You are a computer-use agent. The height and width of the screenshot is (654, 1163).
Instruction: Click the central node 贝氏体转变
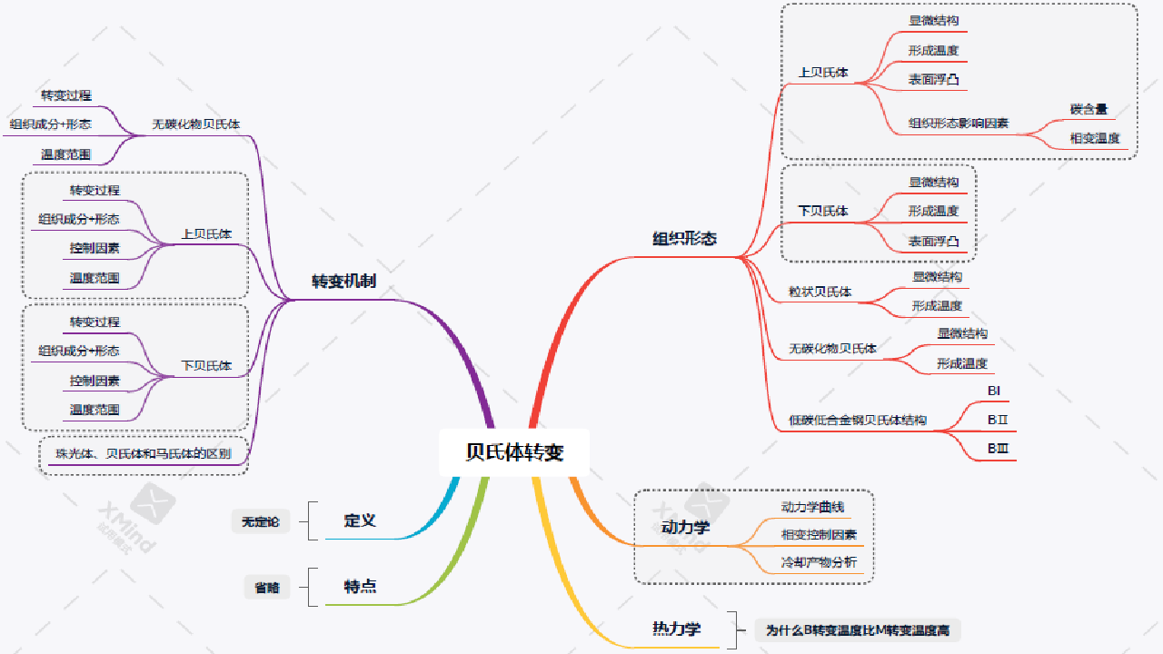(514, 452)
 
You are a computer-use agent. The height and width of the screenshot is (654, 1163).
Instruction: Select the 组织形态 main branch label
(684, 239)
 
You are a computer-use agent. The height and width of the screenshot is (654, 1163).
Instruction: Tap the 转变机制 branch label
(343, 282)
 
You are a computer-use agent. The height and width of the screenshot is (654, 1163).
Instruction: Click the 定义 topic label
(360, 520)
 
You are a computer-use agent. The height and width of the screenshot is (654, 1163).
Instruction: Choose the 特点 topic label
(360, 587)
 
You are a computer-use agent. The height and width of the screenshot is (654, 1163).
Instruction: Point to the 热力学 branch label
(676, 629)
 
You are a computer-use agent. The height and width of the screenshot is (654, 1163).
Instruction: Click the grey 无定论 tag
(260, 521)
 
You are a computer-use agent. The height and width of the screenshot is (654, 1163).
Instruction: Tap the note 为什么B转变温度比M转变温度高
(857, 629)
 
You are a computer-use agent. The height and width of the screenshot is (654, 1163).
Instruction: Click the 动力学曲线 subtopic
(812, 507)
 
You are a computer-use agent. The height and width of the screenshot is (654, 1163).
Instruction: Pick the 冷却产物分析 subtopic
(819, 562)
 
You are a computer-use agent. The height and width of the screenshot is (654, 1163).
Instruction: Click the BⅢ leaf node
(998, 449)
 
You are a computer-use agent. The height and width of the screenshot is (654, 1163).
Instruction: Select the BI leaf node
(994, 391)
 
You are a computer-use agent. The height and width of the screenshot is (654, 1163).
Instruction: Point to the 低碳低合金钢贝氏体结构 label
(858, 421)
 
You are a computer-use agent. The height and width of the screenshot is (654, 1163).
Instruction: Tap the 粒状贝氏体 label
(820, 292)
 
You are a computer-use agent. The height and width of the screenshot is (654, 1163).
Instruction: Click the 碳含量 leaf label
(1088, 110)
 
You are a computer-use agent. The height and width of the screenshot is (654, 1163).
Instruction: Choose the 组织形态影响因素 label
(959, 124)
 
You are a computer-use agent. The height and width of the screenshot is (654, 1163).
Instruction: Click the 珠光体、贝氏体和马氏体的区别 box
(143, 454)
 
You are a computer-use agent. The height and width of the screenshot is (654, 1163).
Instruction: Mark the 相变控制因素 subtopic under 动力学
(819, 535)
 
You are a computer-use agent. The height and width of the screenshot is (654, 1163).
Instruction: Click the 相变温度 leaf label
(1095, 139)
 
